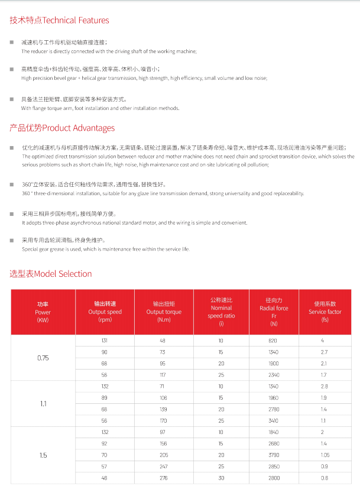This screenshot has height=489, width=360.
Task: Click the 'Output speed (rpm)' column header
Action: point(105,312)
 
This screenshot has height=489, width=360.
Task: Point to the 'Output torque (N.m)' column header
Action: point(164,312)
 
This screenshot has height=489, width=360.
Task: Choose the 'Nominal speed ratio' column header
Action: point(221,312)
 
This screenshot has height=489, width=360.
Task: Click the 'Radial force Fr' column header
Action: point(274,312)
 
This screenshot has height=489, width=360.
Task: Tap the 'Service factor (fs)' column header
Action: point(325,312)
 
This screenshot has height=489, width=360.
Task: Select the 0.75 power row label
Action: point(43,358)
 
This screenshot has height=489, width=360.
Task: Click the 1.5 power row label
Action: point(43,455)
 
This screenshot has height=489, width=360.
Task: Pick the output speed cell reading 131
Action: point(105,341)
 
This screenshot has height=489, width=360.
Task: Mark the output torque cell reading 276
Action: point(164,478)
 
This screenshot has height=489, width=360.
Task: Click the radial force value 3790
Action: point(274,455)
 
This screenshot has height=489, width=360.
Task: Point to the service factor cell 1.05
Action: point(325,455)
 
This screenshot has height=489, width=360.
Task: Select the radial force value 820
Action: point(274,341)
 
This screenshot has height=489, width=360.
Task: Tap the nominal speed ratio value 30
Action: point(221,478)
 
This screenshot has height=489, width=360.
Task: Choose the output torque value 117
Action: point(164,375)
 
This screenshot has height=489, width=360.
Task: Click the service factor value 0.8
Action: point(325,478)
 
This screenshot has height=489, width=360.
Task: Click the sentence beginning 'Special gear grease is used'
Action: point(106,250)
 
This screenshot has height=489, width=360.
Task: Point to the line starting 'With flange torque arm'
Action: point(100,108)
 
